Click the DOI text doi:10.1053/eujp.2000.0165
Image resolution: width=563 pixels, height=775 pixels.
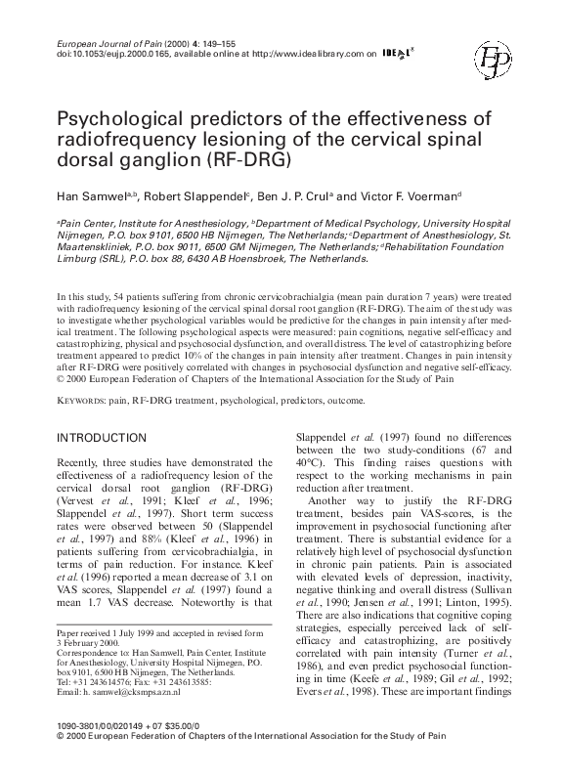[118, 56]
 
